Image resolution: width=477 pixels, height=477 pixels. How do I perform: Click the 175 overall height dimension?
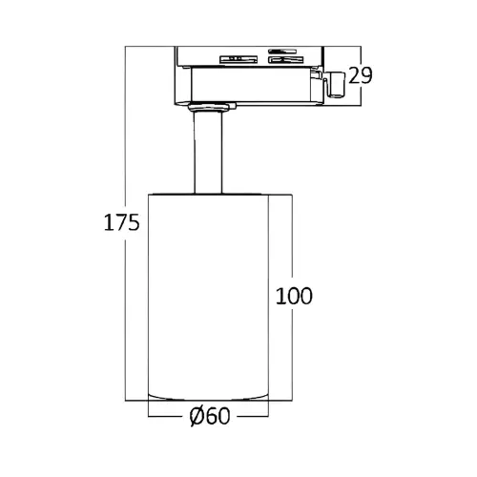click(122, 222)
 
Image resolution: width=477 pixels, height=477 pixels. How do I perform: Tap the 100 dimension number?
click(294, 296)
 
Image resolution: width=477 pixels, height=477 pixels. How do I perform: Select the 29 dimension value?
click(361, 75)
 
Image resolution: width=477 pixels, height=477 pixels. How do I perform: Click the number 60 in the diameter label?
click(218, 416)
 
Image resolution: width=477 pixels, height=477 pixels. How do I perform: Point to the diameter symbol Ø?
click(197, 416)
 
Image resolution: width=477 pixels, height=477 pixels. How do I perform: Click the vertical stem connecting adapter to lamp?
click(208, 153)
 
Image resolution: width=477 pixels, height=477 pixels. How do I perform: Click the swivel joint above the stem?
click(212, 107)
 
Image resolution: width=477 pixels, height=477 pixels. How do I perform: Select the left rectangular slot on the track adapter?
click(238, 59)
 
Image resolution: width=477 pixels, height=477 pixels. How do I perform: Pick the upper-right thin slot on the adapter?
click(282, 51)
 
